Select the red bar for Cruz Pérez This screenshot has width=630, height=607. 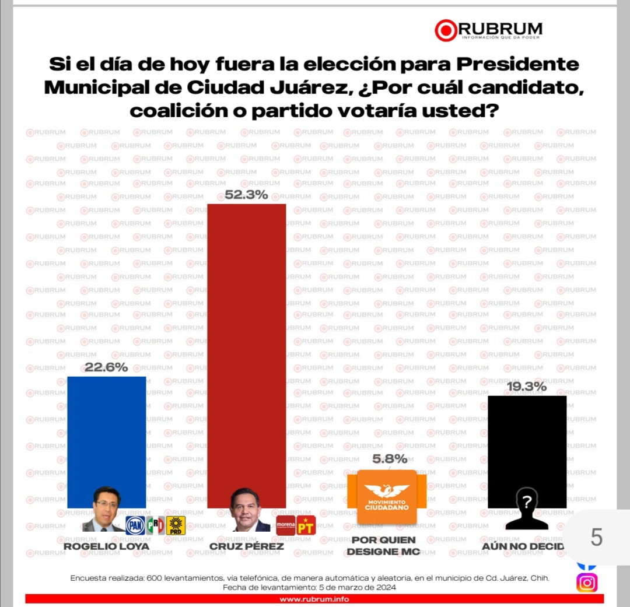click(x=247, y=350)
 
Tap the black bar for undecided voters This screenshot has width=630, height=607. click(x=527, y=443)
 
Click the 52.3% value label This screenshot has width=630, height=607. click(x=246, y=195)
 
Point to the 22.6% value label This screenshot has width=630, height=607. click(x=106, y=367)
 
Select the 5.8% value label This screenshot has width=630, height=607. click(x=389, y=459)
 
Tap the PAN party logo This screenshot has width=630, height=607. click(x=135, y=526)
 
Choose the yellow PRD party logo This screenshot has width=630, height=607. click(x=176, y=526)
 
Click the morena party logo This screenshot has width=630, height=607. click(x=286, y=525)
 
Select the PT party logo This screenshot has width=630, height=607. click(x=306, y=525)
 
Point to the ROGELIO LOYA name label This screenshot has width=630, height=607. click(x=106, y=546)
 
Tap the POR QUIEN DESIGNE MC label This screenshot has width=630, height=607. click(x=383, y=546)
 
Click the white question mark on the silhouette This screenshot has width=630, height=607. click(x=527, y=500)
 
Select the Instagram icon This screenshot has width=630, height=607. click(x=587, y=583)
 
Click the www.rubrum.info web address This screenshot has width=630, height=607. click(x=314, y=599)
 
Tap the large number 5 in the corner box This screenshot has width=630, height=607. click(x=596, y=537)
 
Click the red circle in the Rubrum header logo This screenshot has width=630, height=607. click(x=446, y=30)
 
